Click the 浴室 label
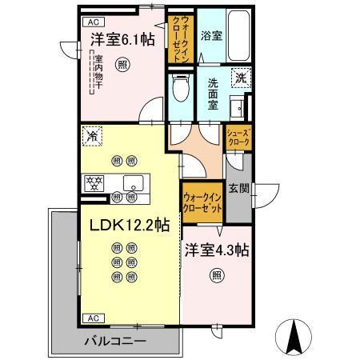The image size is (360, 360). (x=212, y=36)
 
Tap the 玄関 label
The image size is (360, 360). (x=238, y=189)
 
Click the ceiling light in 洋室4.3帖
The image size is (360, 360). (x=217, y=276)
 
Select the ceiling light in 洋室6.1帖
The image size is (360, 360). (x=122, y=63)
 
